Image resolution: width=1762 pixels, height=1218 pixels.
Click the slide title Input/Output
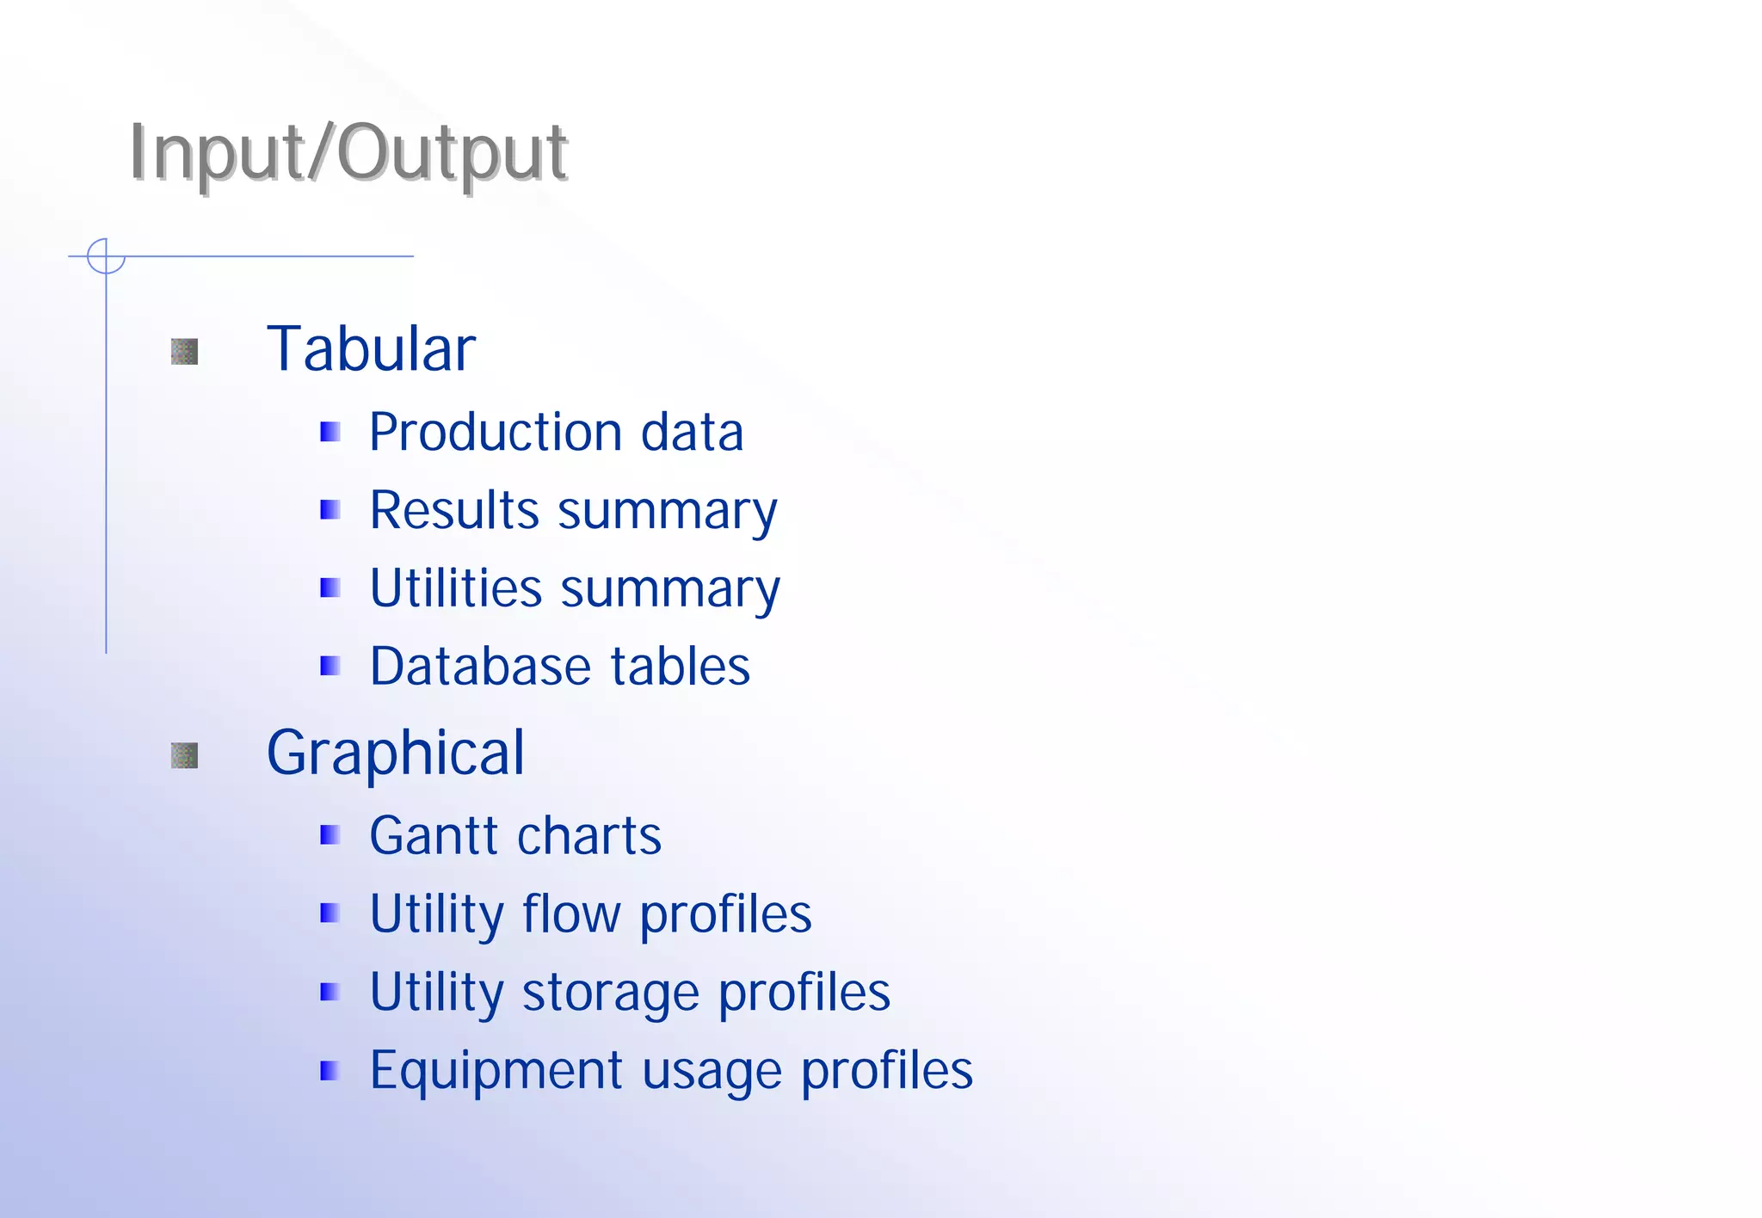tap(348, 153)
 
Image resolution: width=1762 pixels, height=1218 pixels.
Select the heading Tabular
tap(371, 349)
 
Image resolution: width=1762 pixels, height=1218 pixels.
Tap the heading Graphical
tap(395, 754)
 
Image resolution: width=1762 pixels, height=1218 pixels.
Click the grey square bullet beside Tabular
tap(185, 351)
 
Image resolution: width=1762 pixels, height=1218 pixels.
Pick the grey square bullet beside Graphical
tap(185, 755)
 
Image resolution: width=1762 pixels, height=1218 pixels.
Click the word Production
tap(496, 432)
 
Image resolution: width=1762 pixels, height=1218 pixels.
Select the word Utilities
tap(456, 588)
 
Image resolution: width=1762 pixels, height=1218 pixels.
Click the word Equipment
tap(496, 1072)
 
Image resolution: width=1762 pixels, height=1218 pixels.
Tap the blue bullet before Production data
tap(330, 432)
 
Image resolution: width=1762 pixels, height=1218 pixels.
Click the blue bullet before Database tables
tap(330, 667)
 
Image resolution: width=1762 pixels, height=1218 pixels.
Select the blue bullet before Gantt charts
tap(330, 835)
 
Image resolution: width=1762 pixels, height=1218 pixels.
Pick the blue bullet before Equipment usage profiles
tap(330, 1071)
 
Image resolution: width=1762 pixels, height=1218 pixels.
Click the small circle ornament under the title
tap(106, 256)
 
